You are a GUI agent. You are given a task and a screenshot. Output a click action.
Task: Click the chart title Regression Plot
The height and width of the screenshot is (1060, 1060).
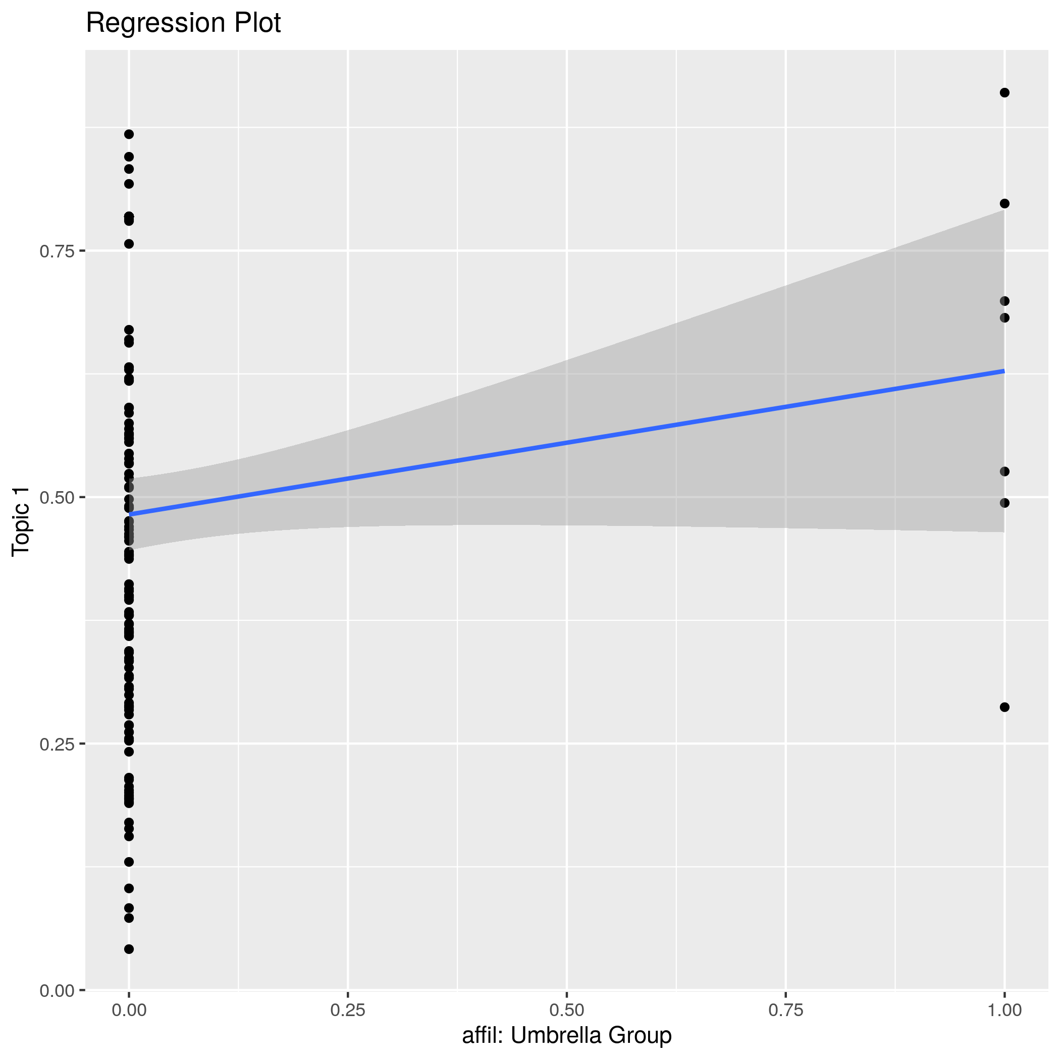pyautogui.click(x=183, y=24)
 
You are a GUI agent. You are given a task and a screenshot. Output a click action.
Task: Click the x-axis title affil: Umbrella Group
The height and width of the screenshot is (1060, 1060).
pyautogui.click(x=567, y=1035)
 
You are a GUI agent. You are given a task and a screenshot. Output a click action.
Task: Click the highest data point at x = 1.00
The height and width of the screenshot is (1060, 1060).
pyautogui.click(x=1004, y=93)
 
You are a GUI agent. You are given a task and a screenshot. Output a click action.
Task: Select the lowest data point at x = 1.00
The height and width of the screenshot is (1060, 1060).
pyautogui.click(x=1004, y=707)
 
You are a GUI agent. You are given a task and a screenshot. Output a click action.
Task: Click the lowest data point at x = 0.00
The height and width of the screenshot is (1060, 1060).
pyautogui.click(x=129, y=949)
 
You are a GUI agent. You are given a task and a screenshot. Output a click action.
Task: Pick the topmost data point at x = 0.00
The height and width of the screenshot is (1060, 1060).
pyautogui.click(x=129, y=134)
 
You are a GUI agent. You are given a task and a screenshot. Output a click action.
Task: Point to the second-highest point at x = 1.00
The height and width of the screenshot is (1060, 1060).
pyautogui.click(x=1004, y=203)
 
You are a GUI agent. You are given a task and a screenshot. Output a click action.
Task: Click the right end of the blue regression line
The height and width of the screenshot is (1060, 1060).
pyautogui.click(x=1003, y=372)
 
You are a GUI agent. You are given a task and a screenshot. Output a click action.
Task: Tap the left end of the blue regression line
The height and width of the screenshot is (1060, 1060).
pyautogui.click(x=130, y=514)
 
